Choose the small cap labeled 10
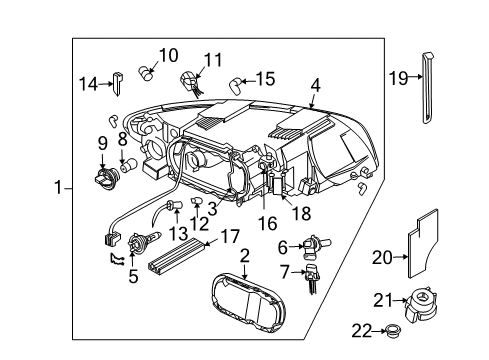click(146, 71)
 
